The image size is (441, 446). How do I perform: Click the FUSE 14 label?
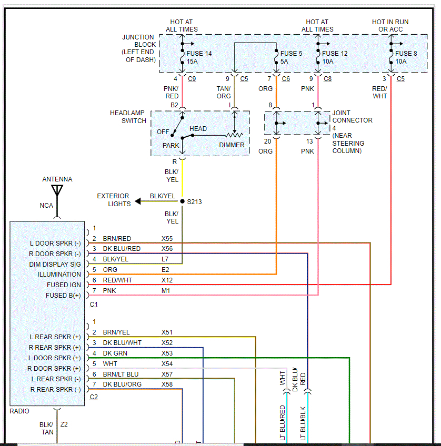click(x=200, y=53)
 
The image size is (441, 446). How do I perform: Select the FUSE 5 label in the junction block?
click(x=292, y=53)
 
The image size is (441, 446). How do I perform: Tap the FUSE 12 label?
click(x=335, y=53)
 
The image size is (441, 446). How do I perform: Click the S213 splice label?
click(x=195, y=201)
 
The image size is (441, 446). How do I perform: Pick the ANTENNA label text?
click(x=57, y=179)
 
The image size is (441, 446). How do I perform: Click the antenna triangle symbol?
click(x=57, y=190)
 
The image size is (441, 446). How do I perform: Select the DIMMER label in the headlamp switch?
click(x=232, y=145)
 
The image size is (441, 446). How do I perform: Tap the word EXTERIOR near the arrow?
click(x=113, y=196)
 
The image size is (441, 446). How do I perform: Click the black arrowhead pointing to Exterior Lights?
click(x=138, y=201)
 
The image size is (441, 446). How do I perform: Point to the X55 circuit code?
click(x=167, y=238)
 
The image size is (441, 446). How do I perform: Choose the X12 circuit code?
click(x=167, y=280)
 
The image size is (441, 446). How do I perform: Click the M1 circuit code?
click(x=166, y=291)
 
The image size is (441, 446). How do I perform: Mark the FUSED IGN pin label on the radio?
click(x=64, y=285)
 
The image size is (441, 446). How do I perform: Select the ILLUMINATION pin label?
click(x=59, y=274)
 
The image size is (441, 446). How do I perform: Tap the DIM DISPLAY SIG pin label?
click(x=55, y=264)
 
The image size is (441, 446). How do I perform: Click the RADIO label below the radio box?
click(x=19, y=411)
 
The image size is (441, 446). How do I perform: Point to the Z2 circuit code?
click(x=64, y=424)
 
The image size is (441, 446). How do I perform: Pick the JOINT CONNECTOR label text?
click(x=352, y=116)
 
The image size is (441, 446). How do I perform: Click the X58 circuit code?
click(x=167, y=384)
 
